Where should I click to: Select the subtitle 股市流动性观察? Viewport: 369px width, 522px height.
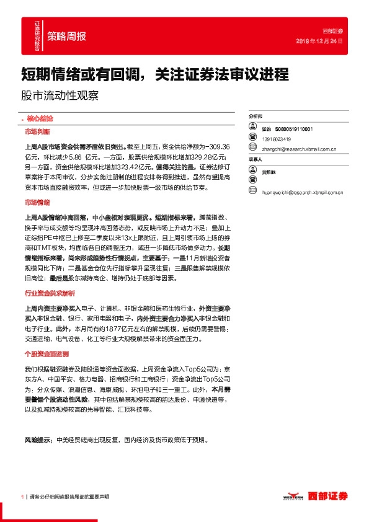60,97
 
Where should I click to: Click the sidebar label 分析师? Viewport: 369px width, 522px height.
256,116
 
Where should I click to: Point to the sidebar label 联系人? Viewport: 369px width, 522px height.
256,159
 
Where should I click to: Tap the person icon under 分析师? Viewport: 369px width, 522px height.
253,128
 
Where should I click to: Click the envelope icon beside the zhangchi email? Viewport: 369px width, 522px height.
253,148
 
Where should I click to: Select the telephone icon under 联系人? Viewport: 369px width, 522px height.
253,182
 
